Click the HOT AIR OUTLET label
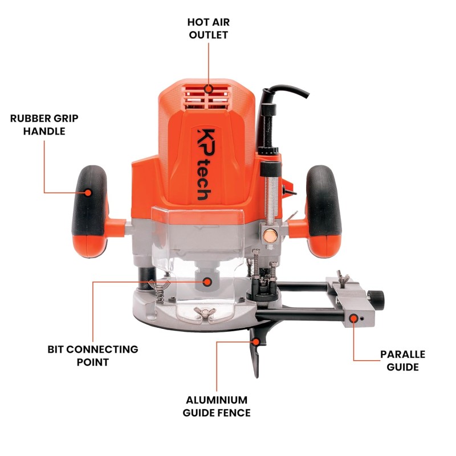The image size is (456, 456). tap(208, 28)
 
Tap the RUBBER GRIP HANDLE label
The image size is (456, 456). tap(44, 125)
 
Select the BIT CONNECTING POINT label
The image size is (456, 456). tap(93, 355)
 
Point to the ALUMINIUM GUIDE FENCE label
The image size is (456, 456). tap(217, 406)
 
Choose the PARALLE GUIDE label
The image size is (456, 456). tap(402, 361)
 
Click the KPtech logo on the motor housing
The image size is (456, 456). tap(206, 165)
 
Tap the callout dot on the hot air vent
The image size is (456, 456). tap(208, 89)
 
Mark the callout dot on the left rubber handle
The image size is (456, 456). tap(88, 193)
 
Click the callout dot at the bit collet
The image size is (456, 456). tap(207, 282)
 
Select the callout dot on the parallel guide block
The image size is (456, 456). tap(353, 319)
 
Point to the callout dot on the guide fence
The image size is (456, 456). tap(255, 341)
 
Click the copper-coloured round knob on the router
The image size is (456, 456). tap(270, 235)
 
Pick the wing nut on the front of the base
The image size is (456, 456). tap(205, 312)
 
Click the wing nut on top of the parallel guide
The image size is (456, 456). tap(343, 278)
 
